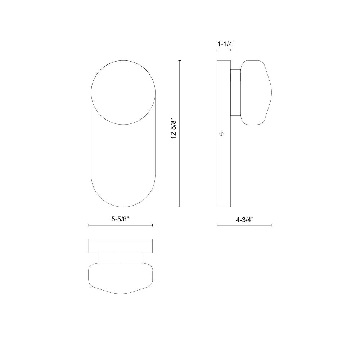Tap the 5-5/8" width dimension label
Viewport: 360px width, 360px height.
(121, 219)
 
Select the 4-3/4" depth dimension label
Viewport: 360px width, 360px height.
(244, 220)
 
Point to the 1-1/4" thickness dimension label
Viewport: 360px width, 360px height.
(226, 44)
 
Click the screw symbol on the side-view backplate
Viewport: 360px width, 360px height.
(221, 134)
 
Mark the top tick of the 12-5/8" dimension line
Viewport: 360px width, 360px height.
(180, 61)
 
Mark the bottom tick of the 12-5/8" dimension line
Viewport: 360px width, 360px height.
(180, 207)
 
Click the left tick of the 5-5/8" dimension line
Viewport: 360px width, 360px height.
(89, 225)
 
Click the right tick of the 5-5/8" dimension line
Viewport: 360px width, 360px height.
(152, 225)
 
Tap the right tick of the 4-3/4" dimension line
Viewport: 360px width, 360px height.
(271, 225)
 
